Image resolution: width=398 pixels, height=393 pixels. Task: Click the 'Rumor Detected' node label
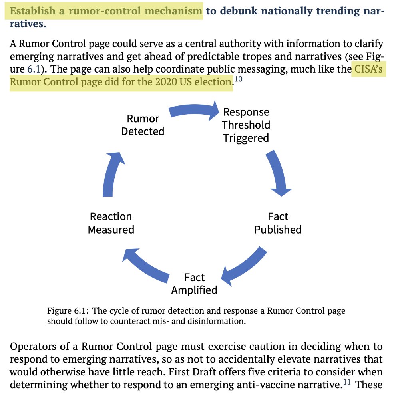143,125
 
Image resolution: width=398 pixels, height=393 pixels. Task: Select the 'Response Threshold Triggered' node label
246,125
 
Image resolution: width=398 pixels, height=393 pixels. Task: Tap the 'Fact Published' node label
278,223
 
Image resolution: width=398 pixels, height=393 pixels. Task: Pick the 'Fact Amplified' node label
194,284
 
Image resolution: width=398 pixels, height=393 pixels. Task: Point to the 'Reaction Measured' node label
111,223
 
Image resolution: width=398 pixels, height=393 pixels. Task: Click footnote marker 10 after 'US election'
238,79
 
